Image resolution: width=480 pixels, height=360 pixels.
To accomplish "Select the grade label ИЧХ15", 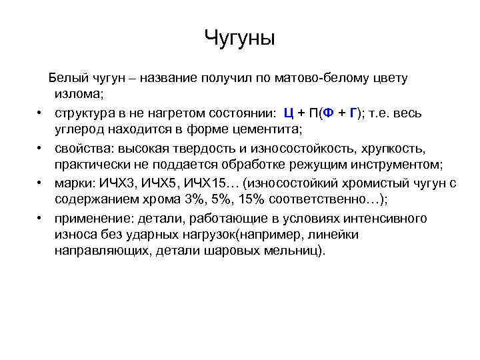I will click(x=208, y=183).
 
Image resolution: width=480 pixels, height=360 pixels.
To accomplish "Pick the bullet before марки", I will click(x=40, y=183).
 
